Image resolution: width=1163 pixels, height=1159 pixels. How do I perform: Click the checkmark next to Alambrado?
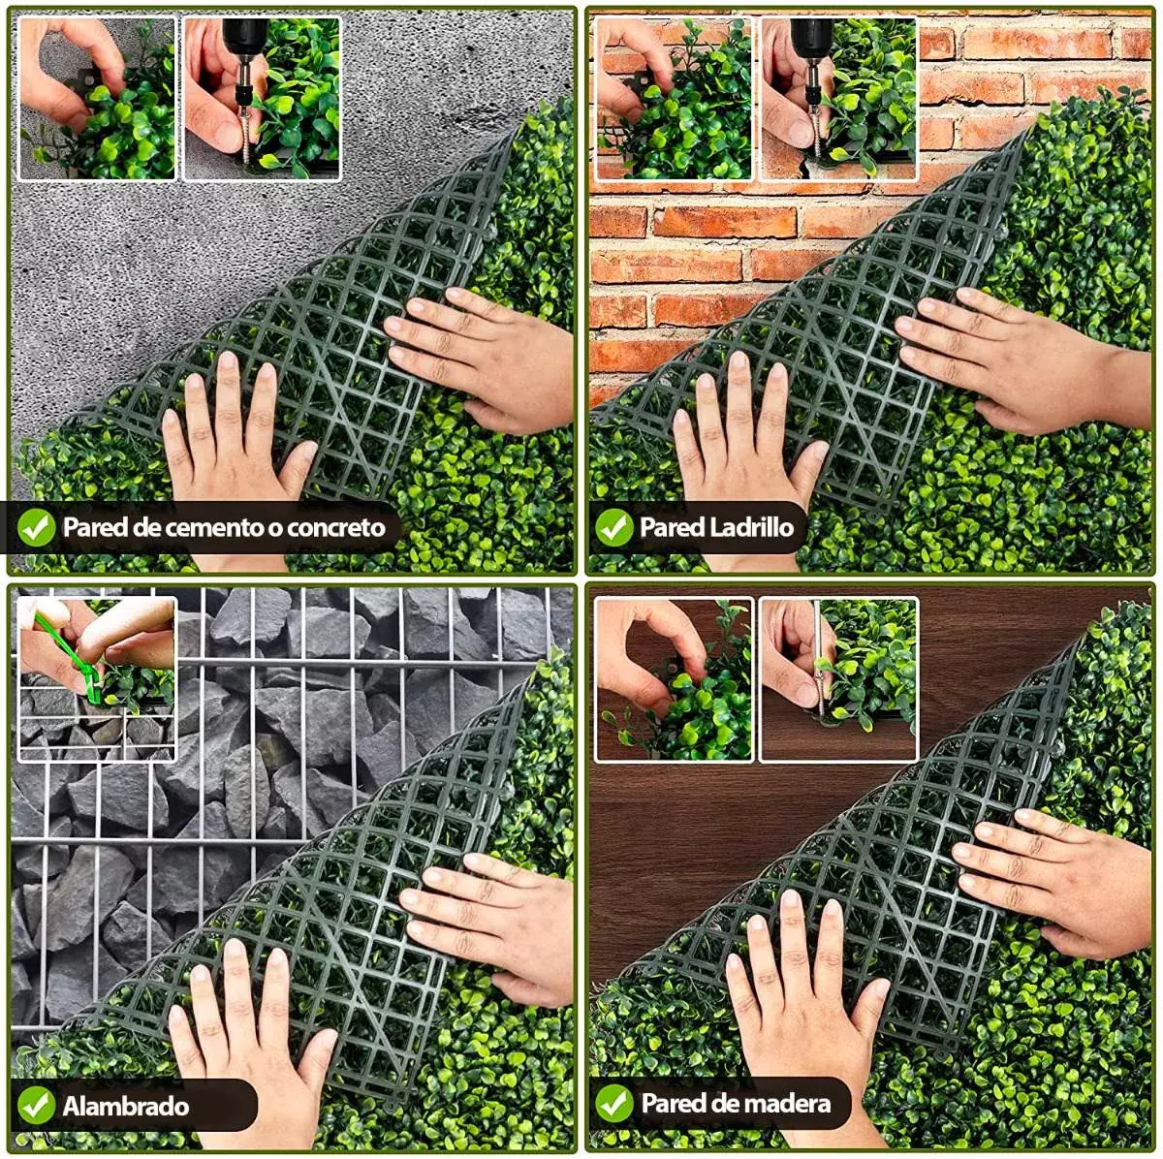tap(36, 1105)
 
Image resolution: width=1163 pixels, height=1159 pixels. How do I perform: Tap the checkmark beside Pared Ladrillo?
tap(613, 527)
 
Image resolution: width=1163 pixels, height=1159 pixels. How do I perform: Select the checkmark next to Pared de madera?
tap(613, 1103)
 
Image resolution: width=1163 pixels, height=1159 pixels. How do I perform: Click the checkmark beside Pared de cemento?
tap(36, 528)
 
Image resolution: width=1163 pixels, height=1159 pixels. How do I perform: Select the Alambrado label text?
tap(126, 1106)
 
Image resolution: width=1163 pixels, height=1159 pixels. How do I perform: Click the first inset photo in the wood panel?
tap(674, 679)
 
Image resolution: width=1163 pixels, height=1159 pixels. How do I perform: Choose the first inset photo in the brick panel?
tap(674, 98)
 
